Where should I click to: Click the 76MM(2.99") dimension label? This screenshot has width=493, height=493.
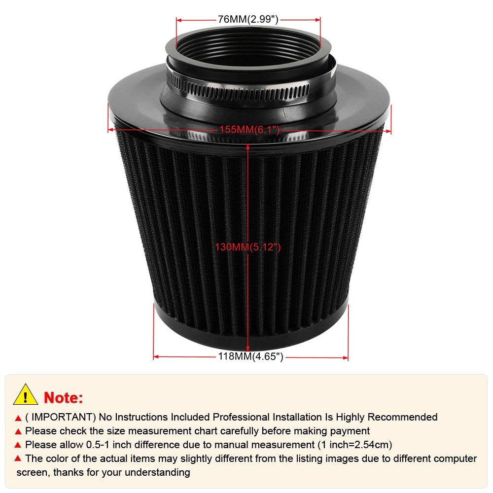click(248, 20)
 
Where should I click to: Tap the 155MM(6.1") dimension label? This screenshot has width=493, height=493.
click(249, 130)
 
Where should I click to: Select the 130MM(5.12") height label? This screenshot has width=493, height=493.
click(247, 247)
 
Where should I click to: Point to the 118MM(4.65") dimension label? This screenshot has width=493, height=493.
click(250, 357)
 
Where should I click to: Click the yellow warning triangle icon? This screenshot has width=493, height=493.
click(26, 394)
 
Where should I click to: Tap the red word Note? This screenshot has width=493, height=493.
click(64, 397)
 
